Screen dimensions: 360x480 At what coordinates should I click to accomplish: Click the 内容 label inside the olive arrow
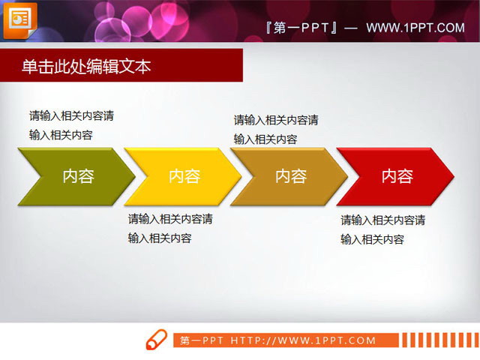coord(78,176)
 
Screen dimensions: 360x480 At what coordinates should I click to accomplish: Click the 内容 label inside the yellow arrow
coord(184,176)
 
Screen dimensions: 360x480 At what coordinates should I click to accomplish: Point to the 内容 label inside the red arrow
coord(397,176)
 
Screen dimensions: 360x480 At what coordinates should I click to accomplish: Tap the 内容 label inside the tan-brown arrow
coord(290,176)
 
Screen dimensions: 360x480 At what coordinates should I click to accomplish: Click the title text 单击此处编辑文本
coord(86,67)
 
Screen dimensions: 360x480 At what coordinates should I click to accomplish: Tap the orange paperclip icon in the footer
coord(156,339)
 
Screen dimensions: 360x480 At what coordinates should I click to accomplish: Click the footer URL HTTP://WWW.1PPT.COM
coord(303,340)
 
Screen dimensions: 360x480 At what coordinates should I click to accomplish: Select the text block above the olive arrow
coord(71,125)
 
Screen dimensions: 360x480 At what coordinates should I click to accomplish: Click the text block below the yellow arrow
coord(170,229)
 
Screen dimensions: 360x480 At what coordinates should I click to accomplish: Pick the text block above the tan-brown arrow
coord(276,129)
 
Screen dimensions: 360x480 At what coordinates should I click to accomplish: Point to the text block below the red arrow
coord(383,229)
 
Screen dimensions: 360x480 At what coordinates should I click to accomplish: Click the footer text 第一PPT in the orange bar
coord(202,340)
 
